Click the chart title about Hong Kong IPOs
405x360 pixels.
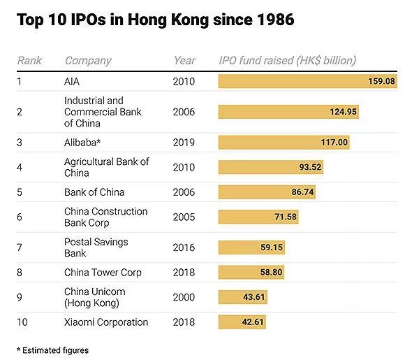point(155,20)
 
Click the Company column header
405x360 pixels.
point(88,61)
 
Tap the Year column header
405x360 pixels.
point(184,61)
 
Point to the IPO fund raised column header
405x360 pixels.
point(287,61)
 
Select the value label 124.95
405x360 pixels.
point(343,112)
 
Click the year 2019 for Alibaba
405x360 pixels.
point(184,143)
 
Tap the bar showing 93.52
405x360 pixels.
point(270,168)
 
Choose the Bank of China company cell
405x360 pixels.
point(93,192)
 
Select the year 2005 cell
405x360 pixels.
point(184,217)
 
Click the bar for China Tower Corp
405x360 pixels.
point(251,273)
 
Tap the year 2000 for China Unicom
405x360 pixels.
point(184,297)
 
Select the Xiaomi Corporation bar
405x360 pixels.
point(242,322)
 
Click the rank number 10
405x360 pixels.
point(22,322)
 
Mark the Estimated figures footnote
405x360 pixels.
point(53,350)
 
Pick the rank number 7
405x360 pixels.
point(20,247)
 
